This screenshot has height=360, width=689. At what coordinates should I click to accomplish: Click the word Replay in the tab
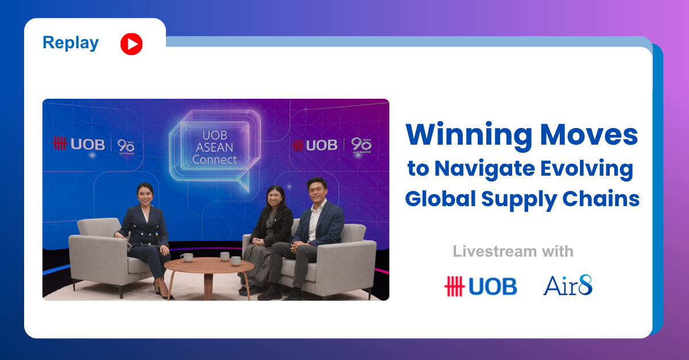point(70,43)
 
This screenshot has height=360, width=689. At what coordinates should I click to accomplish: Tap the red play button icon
point(131,44)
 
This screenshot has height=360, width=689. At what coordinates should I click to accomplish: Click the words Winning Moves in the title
point(521,135)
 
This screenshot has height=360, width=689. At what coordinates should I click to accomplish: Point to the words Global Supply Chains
point(522,199)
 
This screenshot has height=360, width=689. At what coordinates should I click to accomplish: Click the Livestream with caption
point(513,251)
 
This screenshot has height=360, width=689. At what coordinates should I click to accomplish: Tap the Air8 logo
point(568,286)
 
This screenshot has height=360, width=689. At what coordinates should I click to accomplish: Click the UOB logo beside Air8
point(481,286)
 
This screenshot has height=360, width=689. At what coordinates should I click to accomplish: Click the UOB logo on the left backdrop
point(79,144)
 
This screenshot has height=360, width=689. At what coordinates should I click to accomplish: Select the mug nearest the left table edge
point(187,257)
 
